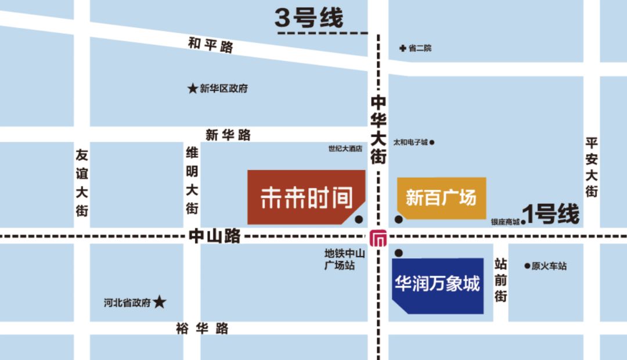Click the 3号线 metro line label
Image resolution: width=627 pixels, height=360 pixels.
(x=309, y=18)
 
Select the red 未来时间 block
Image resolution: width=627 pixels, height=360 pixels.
(x=305, y=197)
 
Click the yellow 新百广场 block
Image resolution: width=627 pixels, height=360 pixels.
(x=441, y=197)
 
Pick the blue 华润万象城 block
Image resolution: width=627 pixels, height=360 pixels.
(x=438, y=285)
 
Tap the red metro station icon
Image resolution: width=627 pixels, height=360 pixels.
(x=379, y=237)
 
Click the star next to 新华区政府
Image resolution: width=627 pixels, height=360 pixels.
(x=192, y=89)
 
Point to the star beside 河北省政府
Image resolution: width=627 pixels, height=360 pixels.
(x=160, y=302)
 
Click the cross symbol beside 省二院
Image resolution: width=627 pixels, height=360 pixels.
(x=402, y=48)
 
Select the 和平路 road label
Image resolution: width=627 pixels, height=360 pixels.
(x=210, y=45)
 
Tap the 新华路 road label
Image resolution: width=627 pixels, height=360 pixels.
(x=228, y=135)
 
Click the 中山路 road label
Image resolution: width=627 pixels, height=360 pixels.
(x=214, y=236)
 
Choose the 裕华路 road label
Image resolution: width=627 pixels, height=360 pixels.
(x=202, y=329)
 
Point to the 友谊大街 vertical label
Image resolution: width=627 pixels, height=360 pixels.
(x=82, y=182)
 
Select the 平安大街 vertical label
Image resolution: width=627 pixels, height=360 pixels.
(x=592, y=167)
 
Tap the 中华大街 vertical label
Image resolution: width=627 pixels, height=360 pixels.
(x=379, y=129)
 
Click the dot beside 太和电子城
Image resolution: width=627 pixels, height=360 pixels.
(x=431, y=142)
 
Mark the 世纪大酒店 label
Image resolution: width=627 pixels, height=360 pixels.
(x=345, y=149)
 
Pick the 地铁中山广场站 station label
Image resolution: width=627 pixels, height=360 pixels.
(x=345, y=259)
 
